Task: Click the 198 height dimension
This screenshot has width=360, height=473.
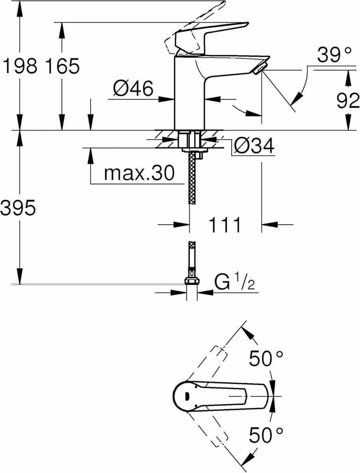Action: pos(20,66)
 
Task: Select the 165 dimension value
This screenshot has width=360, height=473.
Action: pos(62,66)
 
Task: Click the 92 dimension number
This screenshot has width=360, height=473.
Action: pos(348,101)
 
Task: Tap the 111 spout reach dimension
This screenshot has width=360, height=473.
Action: pos(225,225)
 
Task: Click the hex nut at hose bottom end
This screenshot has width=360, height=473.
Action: pos(192,281)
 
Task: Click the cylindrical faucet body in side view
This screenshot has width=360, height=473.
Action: pos(189,95)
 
